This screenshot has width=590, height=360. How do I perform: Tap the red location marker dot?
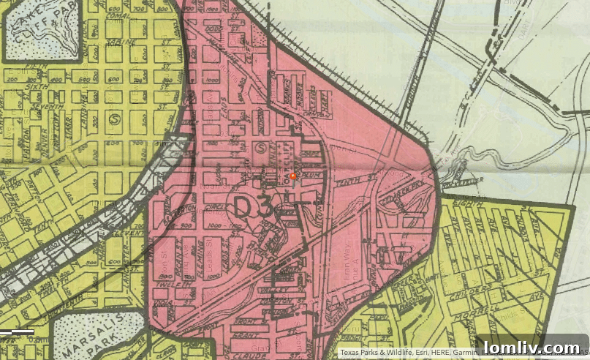click(x=294, y=176)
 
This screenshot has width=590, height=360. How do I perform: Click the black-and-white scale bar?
click(x=18, y=332)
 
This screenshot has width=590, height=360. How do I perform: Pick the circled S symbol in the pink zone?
click(x=262, y=147)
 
